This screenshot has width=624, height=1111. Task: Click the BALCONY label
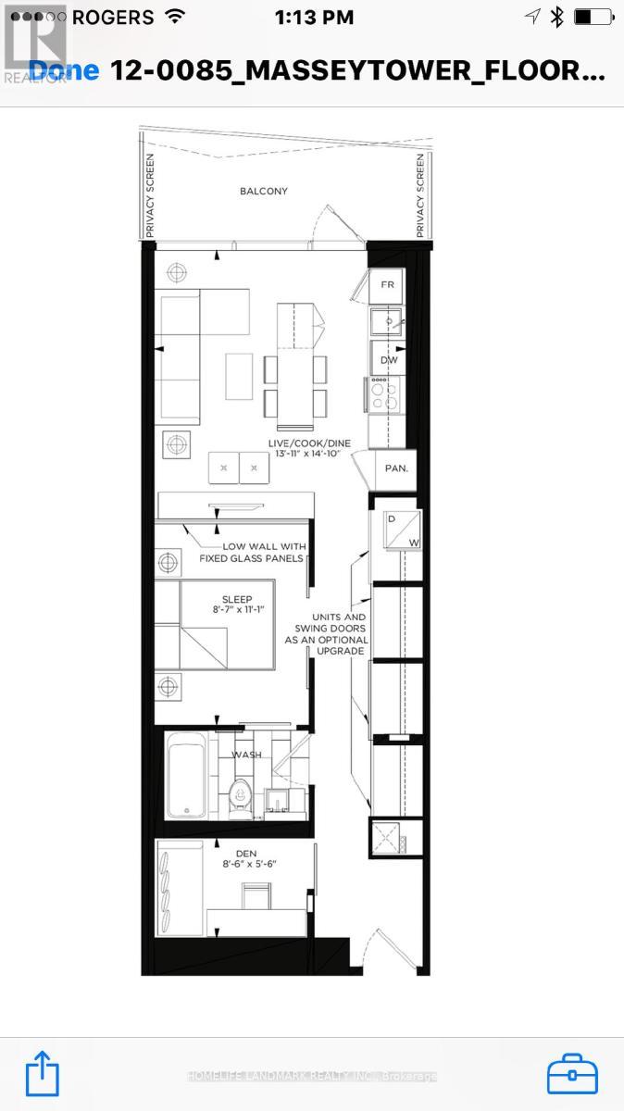(264, 192)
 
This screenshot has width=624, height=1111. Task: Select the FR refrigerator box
(388, 285)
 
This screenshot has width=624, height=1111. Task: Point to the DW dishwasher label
(388, 359)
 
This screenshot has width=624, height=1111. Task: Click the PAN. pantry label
(396, 468)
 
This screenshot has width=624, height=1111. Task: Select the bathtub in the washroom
(185, 776)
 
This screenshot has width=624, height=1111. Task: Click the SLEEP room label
(236, 599)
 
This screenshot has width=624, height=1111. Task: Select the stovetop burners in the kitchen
(383, 395)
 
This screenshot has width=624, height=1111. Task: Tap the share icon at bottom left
(43, 1074)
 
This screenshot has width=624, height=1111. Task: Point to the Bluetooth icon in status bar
(556, 18)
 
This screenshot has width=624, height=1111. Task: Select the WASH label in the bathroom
(246, 755)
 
